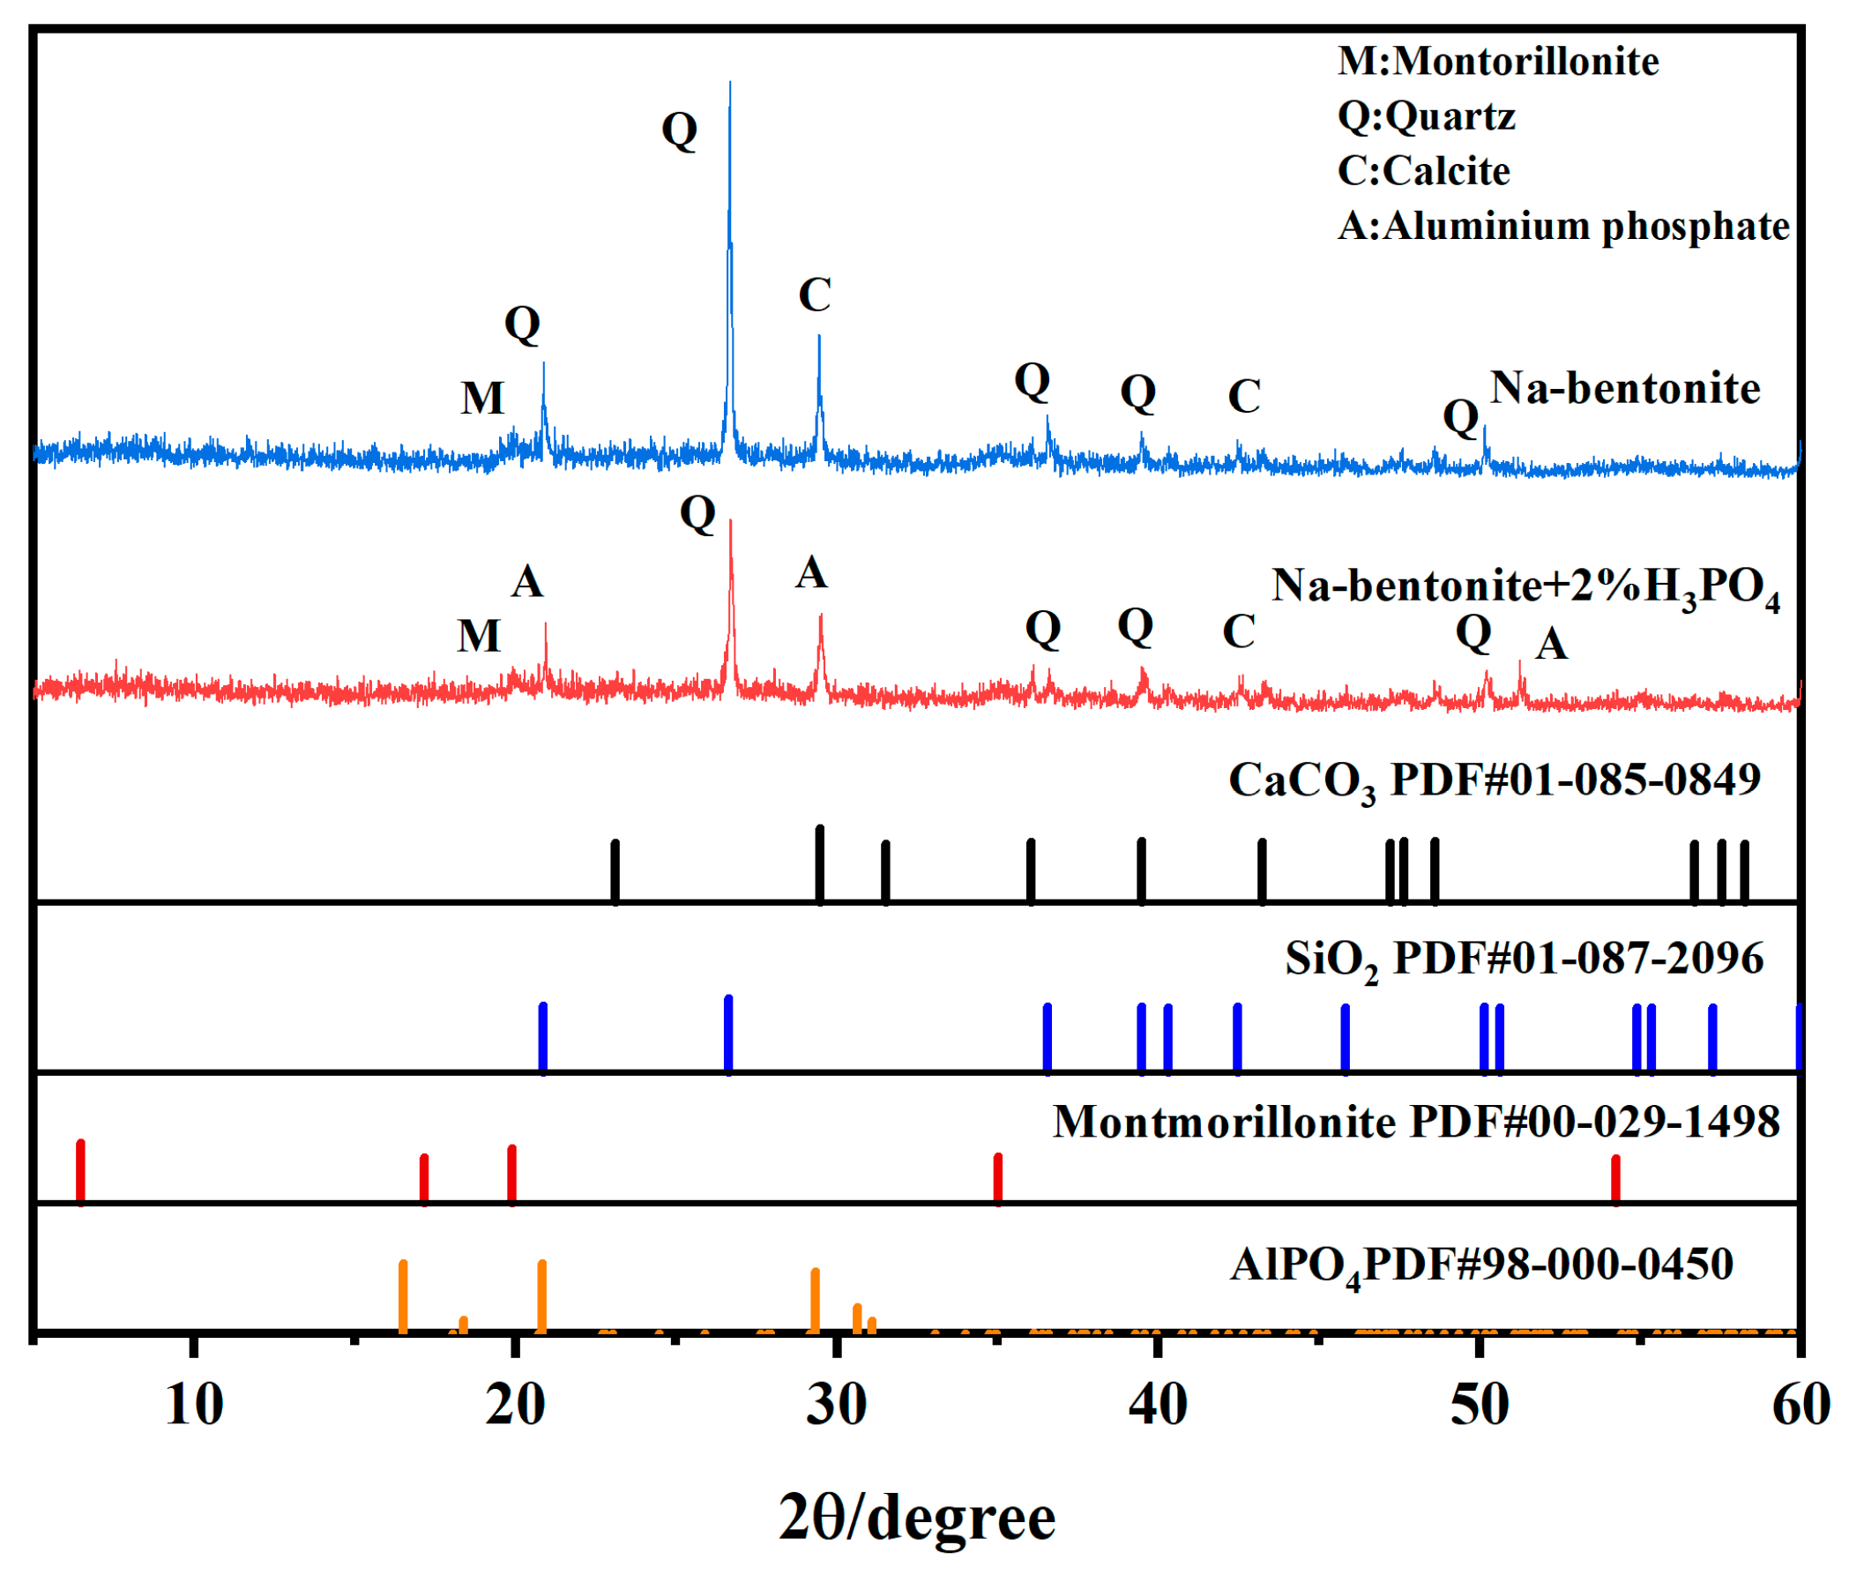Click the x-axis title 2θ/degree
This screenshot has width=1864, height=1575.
tap(917, 1519)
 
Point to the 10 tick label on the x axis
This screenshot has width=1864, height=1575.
tap(194, 1405)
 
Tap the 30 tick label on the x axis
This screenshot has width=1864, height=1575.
tap(837, 1405)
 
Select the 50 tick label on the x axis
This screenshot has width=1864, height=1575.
tap(1480, 1405)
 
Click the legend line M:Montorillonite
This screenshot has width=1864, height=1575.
tap(1497, 62)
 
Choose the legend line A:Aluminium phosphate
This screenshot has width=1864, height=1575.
tap(1562, 226)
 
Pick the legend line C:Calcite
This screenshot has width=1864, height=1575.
tap(1423, 170)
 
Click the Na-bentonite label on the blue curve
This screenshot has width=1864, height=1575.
tap(1625, 388)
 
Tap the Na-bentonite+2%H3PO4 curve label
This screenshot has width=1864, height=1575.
tap(1525, 587)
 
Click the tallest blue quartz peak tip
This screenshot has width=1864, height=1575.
tap(729, 85)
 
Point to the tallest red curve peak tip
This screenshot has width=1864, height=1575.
tap(730, 522)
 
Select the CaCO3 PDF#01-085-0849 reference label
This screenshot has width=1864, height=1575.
tap(1494, 780)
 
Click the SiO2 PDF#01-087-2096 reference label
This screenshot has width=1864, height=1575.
tap(1523, 959)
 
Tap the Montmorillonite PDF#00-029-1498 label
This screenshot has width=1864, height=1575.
tap(1416, 1123)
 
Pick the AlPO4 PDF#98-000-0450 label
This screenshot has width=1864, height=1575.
tap(1481, 1265)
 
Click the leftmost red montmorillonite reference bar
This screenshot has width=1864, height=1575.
tap(81, 1172)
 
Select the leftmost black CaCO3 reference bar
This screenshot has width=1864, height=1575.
tap(615, 870)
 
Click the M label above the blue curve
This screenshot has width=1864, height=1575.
tap(483, 399)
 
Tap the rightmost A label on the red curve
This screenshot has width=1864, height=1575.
tap(1552, 644)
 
